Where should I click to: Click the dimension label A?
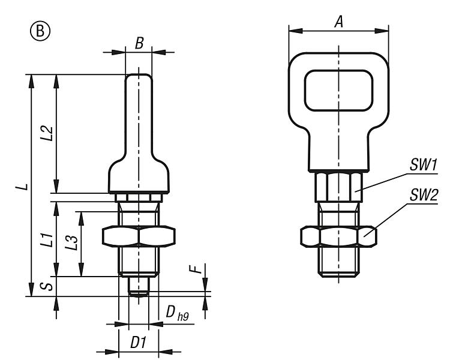coord(338,22)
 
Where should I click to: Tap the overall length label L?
coord(22,187)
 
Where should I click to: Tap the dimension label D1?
coord(139,343)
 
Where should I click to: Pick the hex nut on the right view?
coord(338,237)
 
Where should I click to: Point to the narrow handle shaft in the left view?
coord(139,114)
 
